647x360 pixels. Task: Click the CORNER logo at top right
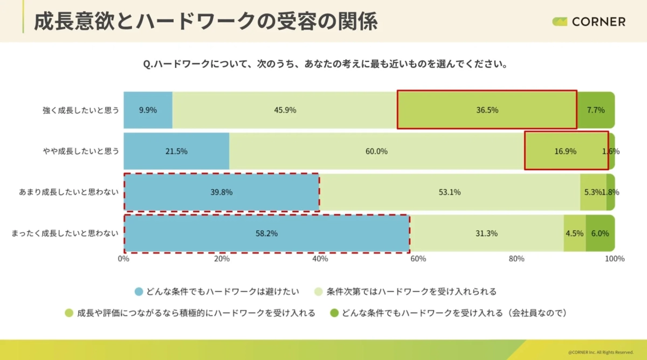pos(589,22)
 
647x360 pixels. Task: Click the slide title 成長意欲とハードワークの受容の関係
pos(205,22)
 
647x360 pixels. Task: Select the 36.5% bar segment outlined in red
pos(487,110)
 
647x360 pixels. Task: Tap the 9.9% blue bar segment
pos(148,110)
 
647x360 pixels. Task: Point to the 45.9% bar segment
pos(285,110)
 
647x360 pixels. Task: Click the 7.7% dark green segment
pos(596,110)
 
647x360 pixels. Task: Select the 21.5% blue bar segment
pos(176,151)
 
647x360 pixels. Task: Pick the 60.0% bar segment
pos(376,151)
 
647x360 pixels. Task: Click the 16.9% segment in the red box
pos(565,151)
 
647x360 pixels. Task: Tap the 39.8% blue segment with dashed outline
pos(222,192)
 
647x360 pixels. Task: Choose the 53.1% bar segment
pos(450,192)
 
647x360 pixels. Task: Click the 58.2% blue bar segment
pos(266,233)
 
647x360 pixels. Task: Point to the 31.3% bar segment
pos(486,233)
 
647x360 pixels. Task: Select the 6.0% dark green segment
pos(600,233)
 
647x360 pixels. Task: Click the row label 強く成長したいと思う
pos(81,110)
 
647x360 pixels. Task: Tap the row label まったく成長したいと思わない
pos(65,233)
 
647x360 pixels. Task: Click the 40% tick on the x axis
pos(320,259)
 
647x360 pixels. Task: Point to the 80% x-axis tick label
pos(517,259)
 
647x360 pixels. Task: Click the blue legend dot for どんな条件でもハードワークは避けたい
pos(139,292)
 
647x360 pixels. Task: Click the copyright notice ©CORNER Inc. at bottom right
pos(601,352)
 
